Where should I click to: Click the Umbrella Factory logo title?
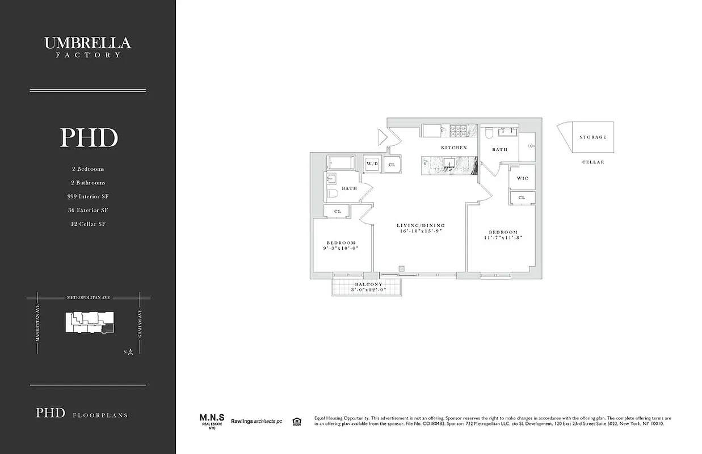pyautogui.click(x=87, y=46)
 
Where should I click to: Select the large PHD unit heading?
pyautogui.click(x=89, y=138)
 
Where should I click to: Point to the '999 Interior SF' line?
pyautogui.click(x=87, y=196)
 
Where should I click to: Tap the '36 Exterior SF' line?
pyautogui.click(x=87, y=210)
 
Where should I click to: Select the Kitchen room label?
pyautogui.click(x=454, y=148)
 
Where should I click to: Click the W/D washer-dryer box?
pyautogui.click(x=372, y=164)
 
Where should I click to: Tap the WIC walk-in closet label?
pyautogui.click(x=522, y=178)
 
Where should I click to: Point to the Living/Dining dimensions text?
pyautogui.click(x=421, y=232)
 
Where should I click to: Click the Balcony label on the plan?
pyautogui.click(x=368, y=284)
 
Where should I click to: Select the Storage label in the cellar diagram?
pyautogui.click(x=592, y=137)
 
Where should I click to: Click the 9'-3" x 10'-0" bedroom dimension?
pyautogui.click(x=341, y=248)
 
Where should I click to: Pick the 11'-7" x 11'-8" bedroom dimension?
pyautogui.click(x=503, y=238)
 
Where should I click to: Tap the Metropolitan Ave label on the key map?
pyautogui.click(x=87, y=297)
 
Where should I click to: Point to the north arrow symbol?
pyautogui.click(x=130, y=352)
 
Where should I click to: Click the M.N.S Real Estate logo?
pyautogui.click(x=212, y=421)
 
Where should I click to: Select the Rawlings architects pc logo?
pyautogui.click(x=256, y=421)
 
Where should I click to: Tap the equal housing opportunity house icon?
pyautogui.click(x=296, y=421)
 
